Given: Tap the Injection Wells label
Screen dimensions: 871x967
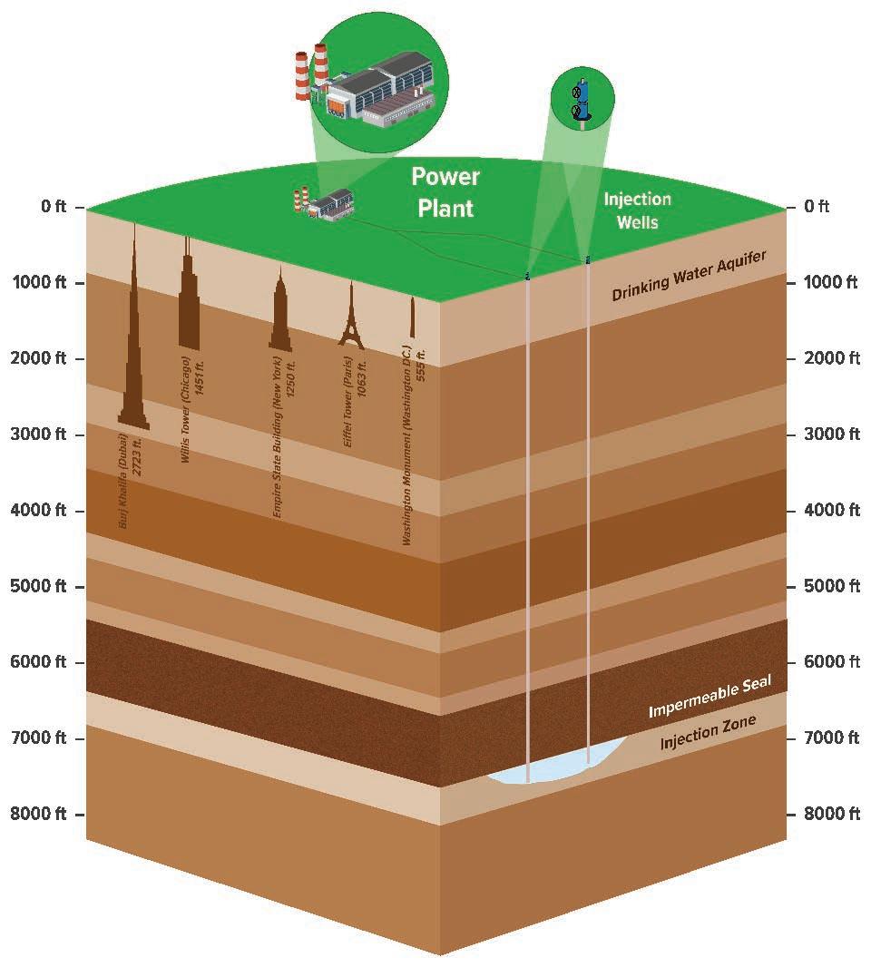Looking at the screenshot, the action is [x=638, y=210].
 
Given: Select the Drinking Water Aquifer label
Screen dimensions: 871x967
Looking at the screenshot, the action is [x=689, y=271].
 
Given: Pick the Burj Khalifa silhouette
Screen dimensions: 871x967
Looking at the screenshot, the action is [x=134, y=363].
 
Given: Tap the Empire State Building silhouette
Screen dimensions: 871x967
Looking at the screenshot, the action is [x=280, y=317].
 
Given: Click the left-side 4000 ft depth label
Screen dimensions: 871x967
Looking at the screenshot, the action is [x=42, y=511].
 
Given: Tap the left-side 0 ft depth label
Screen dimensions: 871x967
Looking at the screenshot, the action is [x=54, y=208].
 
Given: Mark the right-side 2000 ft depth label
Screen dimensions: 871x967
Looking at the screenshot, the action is [x=831, y=358].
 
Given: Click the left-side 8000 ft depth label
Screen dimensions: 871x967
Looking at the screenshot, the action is [x=42, y=813].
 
